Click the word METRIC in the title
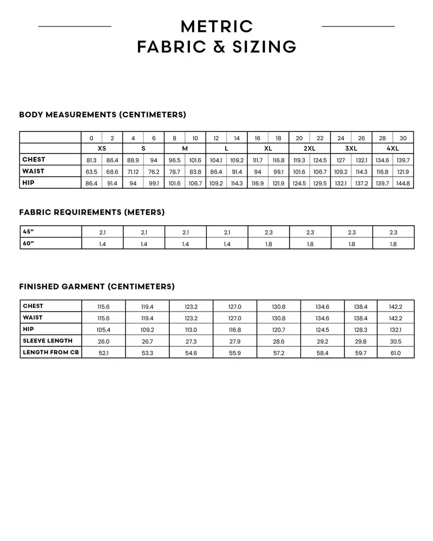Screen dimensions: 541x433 216,27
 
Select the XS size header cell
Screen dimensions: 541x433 102,148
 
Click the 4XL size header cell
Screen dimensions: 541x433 393,148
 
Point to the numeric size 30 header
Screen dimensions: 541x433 403,138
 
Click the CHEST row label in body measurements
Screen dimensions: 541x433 34,160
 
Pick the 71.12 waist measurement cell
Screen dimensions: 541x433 133,172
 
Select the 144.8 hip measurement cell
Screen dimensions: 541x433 403,183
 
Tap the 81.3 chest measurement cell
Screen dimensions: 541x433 91,161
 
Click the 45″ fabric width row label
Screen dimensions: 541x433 29,232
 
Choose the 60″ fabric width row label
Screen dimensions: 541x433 29,243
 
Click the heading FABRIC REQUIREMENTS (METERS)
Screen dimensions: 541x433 92,213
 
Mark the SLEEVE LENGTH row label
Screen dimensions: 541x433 48,341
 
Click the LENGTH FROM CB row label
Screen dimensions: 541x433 51,352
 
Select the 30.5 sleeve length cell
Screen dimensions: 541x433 396,341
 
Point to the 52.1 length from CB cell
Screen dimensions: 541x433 103,353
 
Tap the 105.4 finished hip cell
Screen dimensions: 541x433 103,329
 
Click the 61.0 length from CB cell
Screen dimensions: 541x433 396,353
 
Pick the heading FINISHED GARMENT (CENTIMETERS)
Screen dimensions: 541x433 97,287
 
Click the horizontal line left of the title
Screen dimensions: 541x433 75,26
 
